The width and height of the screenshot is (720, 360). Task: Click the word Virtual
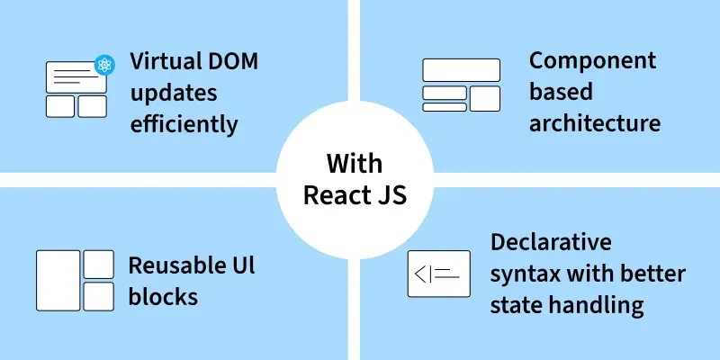[x=163, y=62]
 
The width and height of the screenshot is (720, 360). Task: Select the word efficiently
[x=184, y=123]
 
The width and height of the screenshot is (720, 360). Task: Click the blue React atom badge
[x=104, y=64]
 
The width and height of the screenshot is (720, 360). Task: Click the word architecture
[x=594, y=122]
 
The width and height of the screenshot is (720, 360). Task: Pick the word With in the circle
[x=354, y=164]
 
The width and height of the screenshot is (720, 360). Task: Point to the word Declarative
[x=551, y=242]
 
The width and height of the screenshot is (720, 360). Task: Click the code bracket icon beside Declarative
[x=438, y=274]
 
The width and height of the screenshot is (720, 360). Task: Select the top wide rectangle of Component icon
[x=461, y=70]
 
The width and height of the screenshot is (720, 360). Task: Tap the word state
[x=516, y=304]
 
